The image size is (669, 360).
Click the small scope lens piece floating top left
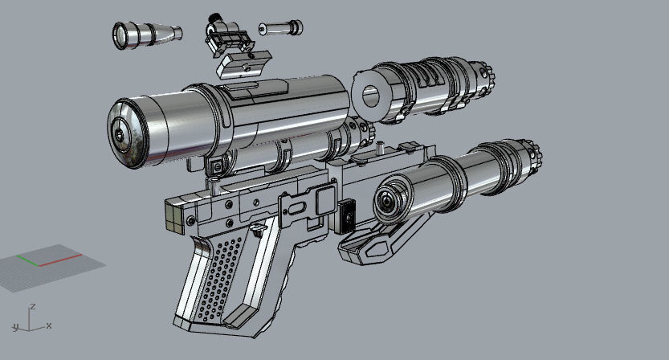[x=147, y=35]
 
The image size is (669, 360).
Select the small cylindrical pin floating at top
[x=281, y=28]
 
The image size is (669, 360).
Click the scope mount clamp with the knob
[x=227, y=36]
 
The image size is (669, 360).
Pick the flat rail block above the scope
[x=243, y=64]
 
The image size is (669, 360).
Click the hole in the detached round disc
[x=370, y=96]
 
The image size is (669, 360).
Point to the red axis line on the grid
[x=60, y=260]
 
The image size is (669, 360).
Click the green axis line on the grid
[x=28, y=260]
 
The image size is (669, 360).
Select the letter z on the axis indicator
[x=32, y=307]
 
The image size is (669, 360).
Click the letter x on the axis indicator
[x=49, y=325]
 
